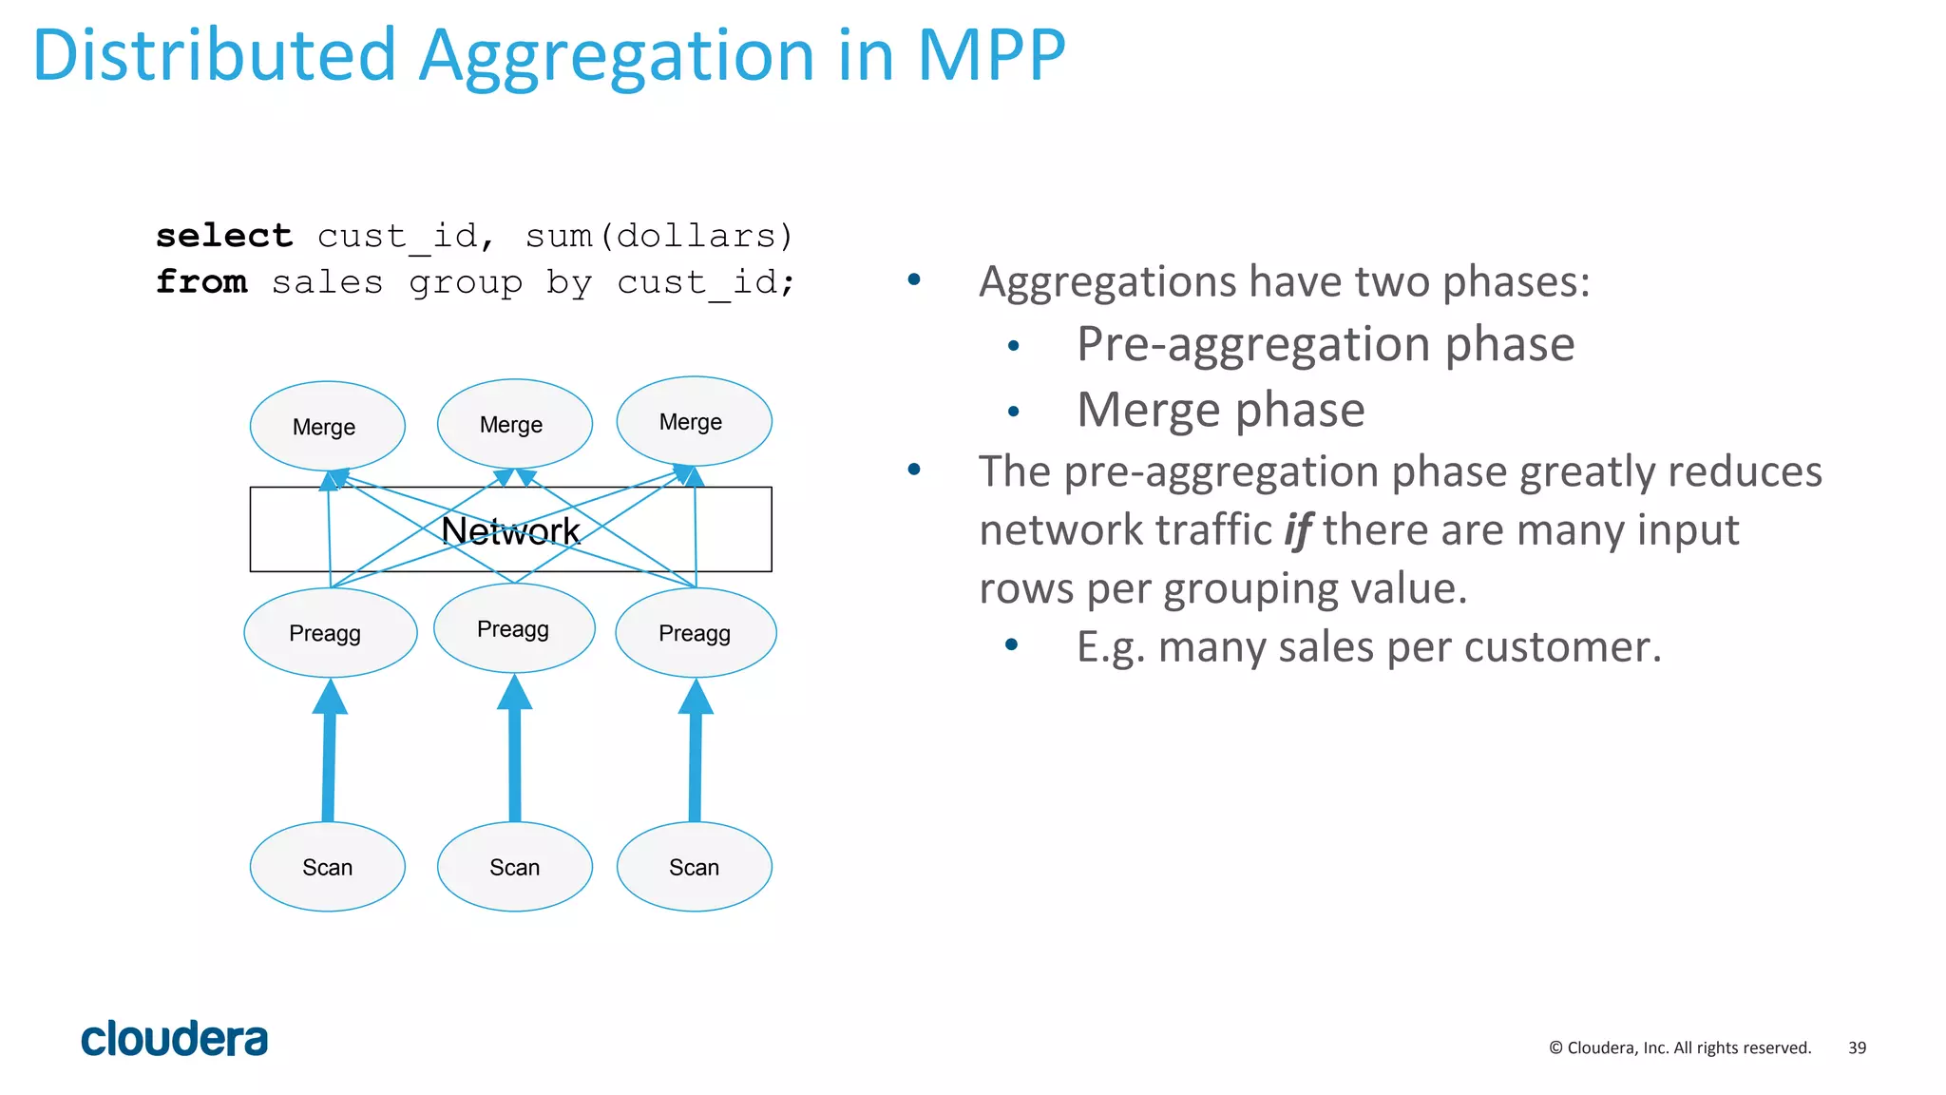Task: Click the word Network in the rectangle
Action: tap(510, 530)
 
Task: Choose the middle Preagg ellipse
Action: tap(514, 628)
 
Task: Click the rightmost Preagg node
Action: tap(696, 633)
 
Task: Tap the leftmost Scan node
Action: tap(327, 867)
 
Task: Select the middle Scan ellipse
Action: tap(514, 867)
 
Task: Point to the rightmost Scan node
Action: tap(694, 867)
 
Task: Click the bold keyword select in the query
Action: tap(224, 235)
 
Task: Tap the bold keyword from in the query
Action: tap(201, 281)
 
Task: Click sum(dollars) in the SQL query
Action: tap(658, 235)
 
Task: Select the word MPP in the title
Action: tap(990, 55)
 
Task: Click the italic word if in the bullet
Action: tap(1298, 530)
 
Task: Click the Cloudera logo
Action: tap(174, 1039)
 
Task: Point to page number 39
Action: tap(1857, 1047)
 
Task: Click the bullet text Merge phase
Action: tap(1220, 410)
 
